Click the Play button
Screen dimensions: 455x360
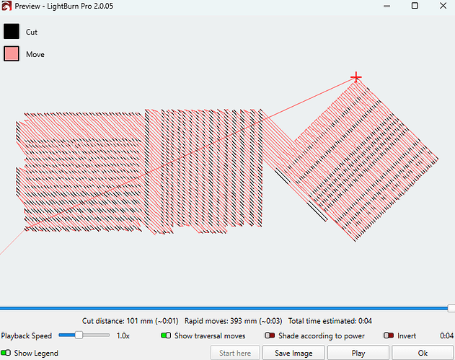pyautogui.click(x=358, y=353)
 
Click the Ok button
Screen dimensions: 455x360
pyautogui.click(x=423, y=353)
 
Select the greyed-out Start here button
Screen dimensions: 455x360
pyautogui.click(x=235, y=353)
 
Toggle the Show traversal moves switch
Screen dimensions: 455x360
pyautogui.click(x=166, y=335)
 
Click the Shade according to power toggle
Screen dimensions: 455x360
pyautogui.click(x=270, y=335)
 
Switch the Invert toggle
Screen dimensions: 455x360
pyautogui.click(x=389, y=335)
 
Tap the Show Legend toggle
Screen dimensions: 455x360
pyautogui.click(x=6, y=353)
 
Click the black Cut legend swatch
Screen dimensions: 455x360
pyautogui.click(x=12, y=31)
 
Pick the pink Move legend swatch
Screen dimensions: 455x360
pyautogui.click(x=12, y=53)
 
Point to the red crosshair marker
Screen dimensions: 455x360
pyautogui.click(x=356, y=77)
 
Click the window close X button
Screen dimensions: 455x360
pyautogui.click(x=443, y=6)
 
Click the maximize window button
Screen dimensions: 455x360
pyautogui.click(x=415, y=6)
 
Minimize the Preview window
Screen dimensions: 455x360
pyautogui.click(x=386, y=6)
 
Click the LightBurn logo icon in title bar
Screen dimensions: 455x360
pyautogui.click(x=6, y=6)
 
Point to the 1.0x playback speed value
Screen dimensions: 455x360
pyautogui.click(x=123, y=336)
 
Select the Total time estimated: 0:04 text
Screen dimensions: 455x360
pyautogui.click(x=330, y=321)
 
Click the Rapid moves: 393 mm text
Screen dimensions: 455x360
pyautogui.click(x=221, y=321)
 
